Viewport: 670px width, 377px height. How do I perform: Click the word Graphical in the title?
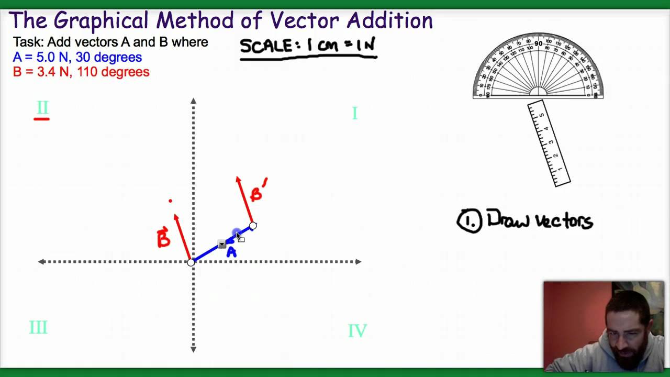[102, 21]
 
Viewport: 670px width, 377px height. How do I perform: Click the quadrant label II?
[42, 108]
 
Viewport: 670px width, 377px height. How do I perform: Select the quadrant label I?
[354, 113]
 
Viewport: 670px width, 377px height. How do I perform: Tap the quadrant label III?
[38, 328]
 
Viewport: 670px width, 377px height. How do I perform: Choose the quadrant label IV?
[357, 331]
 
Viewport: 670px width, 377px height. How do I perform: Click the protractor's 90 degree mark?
[538, 43]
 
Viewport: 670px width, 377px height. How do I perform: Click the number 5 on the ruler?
[541, 115]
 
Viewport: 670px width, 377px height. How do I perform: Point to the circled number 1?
[469, 221]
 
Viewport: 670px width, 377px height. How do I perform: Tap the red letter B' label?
[258, 191]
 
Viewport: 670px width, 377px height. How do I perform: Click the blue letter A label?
[231, 252]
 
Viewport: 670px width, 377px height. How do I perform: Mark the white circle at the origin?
[191, 262]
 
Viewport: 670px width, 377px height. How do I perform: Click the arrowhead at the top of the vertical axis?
[193, 101]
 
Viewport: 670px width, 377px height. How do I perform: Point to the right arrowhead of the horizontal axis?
[358, 261]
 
